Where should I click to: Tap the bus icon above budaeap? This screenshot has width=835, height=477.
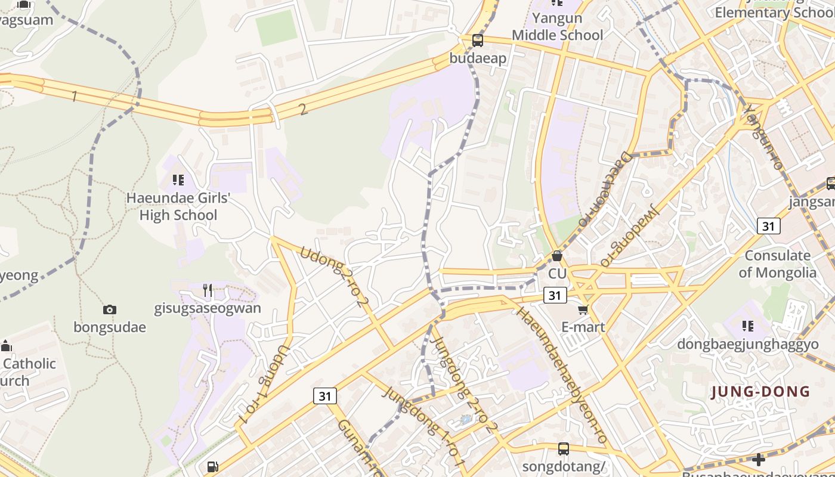478,41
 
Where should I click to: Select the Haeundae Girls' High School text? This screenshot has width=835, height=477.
178,206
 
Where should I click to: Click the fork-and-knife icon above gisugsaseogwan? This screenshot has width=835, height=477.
208,290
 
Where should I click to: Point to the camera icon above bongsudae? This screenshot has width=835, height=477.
109,309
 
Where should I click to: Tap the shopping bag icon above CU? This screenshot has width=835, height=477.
556,256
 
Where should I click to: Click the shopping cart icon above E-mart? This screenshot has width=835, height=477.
583,309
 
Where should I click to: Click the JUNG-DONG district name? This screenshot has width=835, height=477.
760,392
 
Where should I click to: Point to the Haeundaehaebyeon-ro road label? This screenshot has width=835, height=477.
562,375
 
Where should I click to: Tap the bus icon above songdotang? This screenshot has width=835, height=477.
563,448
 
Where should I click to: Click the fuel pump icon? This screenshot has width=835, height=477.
212,466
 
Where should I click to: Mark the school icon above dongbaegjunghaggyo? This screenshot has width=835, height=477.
748,326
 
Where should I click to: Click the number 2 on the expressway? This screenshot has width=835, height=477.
303,109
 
